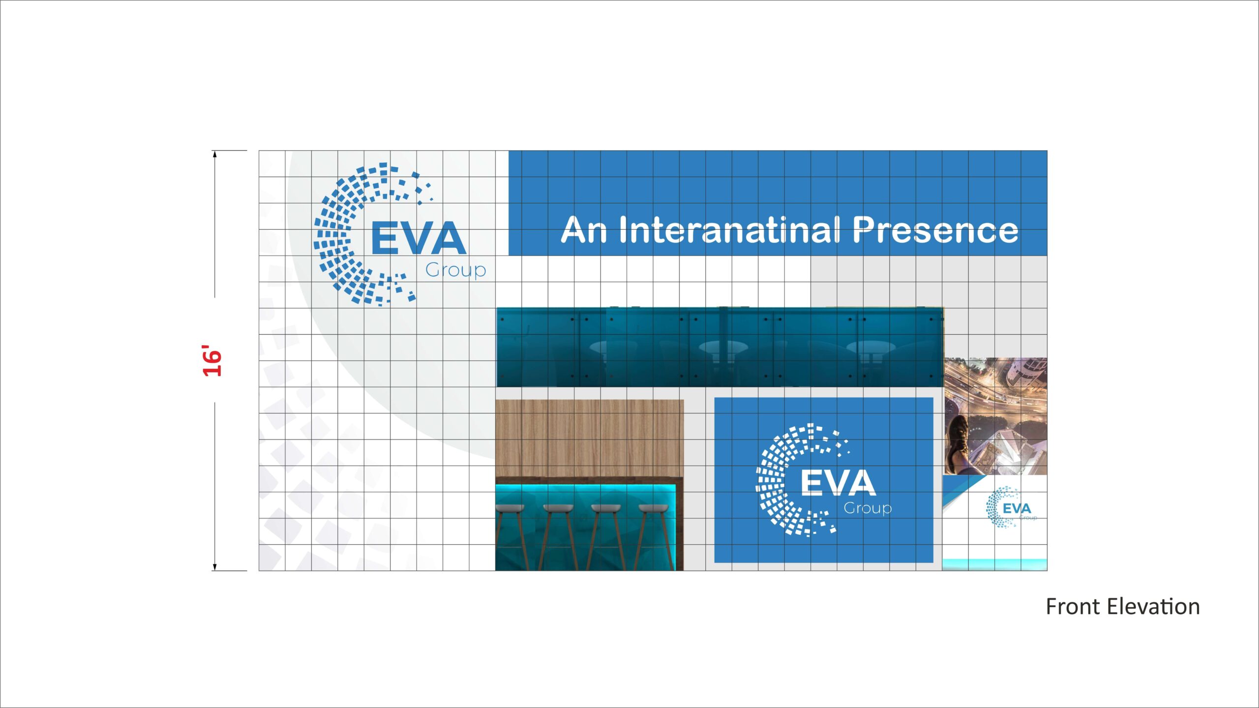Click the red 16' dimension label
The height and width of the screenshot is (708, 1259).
pos(212,361)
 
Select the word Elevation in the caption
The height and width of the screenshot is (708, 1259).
pos(1154,607)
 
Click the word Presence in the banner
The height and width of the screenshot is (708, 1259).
pos(935,230)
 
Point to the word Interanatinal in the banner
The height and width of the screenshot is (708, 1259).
pos(729,230)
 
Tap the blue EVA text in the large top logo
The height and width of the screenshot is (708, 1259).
pos(418,238)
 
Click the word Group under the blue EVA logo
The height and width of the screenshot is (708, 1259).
pos(455,270)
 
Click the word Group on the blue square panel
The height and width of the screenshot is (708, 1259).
pos(868,508)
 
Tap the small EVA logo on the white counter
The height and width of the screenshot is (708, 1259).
pos(1011,508)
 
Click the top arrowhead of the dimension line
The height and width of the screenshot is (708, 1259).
pos(214,154)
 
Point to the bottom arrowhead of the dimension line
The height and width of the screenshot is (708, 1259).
pos(214,567)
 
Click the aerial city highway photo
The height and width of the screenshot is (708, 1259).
pos(995,416)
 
